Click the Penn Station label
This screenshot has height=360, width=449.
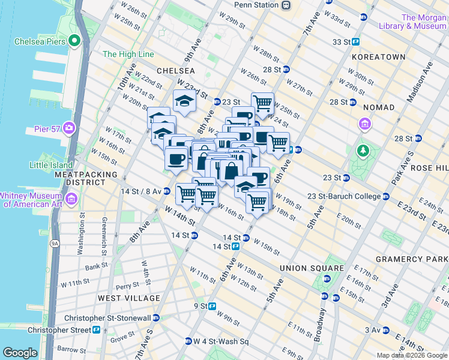pos(256,5)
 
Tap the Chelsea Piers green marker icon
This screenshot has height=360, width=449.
pos(74,41)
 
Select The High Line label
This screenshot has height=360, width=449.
pos(128,54)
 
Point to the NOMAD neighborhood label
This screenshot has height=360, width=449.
pos(379,107)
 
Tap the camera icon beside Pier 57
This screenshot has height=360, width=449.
pos(68,128)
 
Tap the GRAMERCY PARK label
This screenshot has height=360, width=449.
pos(412,259)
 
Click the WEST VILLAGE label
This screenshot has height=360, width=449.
pos(129,298)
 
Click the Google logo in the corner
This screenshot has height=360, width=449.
pos(20,353)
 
